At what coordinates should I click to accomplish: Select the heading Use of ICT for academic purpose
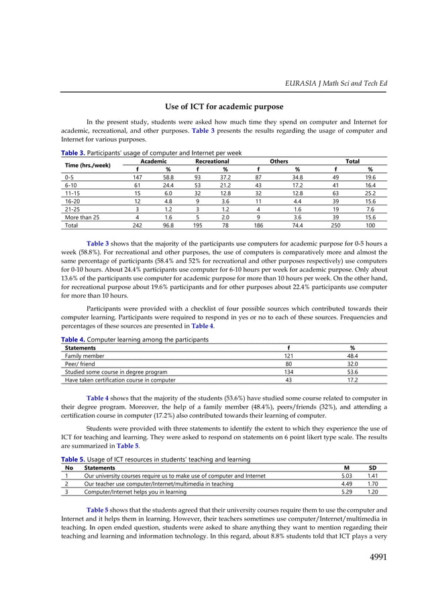[x=224, y=107]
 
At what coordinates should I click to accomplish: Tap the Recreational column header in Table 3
[x=212, y=162]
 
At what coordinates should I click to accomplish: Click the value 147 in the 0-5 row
[x=137, y=177]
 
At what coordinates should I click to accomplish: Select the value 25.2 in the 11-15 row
[x=370, y=192]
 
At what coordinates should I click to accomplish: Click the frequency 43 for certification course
[x=288, y=379]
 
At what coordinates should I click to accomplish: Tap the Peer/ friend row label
[x=81, y=364]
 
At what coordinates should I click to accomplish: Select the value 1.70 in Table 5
[x=372, y=483]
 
